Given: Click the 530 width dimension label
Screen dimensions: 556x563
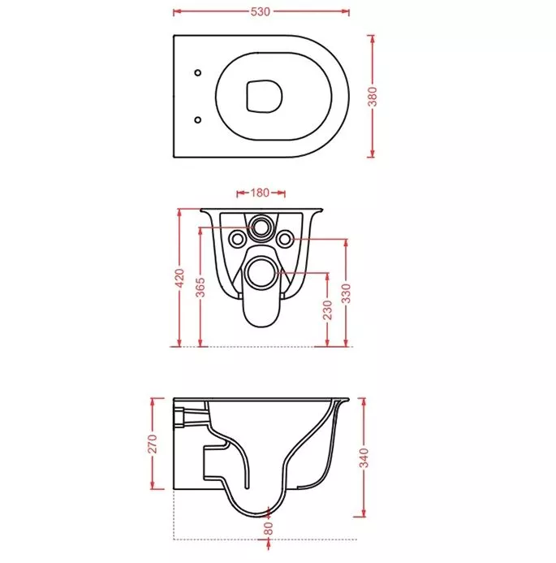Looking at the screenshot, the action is [261, 12].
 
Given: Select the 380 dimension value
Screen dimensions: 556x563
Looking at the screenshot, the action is [373, 97].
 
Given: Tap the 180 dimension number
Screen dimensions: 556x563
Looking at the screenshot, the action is [260, 193].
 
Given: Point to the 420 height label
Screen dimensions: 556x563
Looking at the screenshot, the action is [180, 278].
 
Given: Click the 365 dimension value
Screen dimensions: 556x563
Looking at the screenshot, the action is [200, 288].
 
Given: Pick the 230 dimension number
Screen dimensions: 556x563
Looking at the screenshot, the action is [327, 310].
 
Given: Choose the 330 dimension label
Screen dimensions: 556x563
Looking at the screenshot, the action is [347, 293].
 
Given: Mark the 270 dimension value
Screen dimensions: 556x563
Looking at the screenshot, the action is [153, 444].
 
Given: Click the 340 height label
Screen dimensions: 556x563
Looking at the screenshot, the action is [364, 458].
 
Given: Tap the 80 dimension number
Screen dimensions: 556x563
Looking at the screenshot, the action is [269, 529].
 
